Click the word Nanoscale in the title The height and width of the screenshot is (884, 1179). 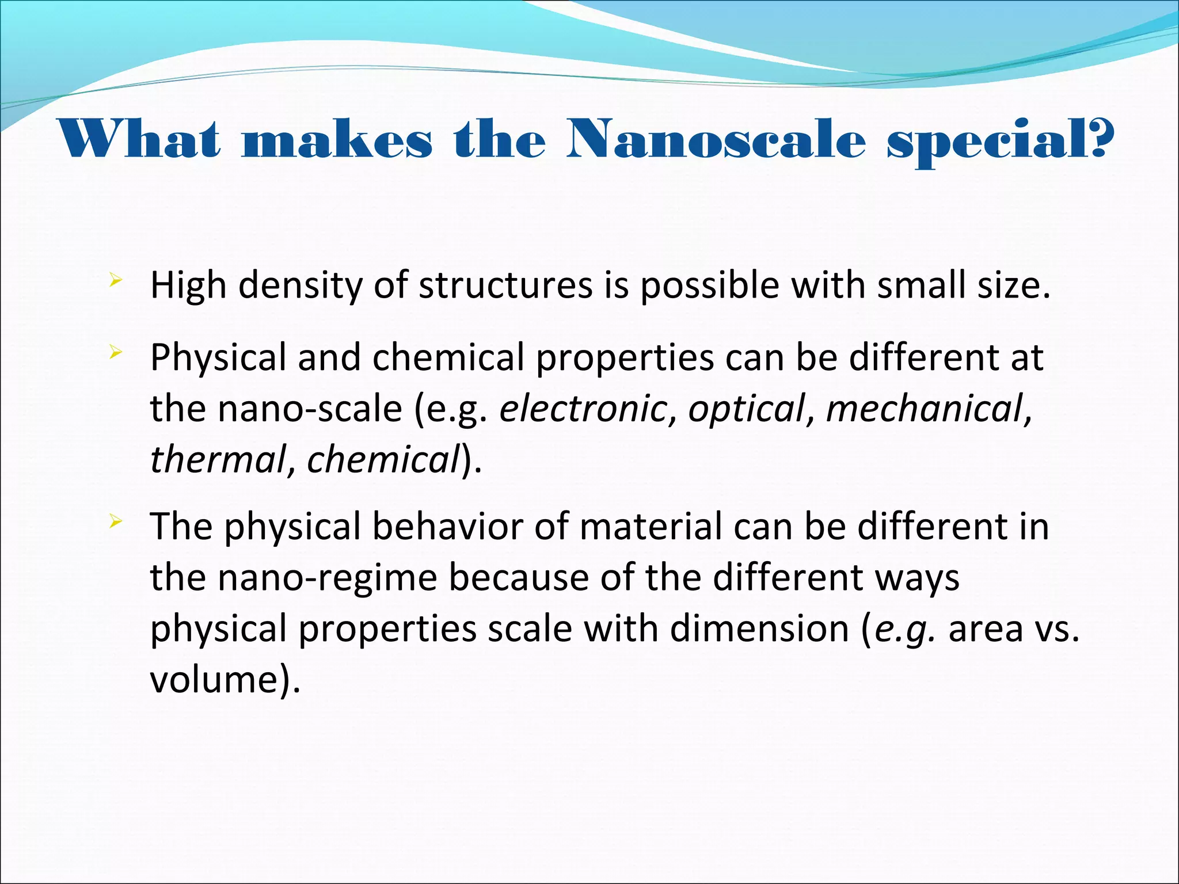[x=716, y=140]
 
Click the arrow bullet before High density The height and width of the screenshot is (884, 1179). [x=116, y=281]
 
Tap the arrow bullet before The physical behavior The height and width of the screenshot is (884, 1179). [x=116, y=521]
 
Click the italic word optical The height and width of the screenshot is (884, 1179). [x=746, y=409]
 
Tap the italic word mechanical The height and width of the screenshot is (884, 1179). [x=925, y=409]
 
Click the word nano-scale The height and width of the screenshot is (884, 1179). [x=310, y=409]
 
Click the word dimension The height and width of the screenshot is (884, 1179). [x=759, y=628]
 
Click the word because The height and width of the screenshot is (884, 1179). [x=518, y=578]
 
